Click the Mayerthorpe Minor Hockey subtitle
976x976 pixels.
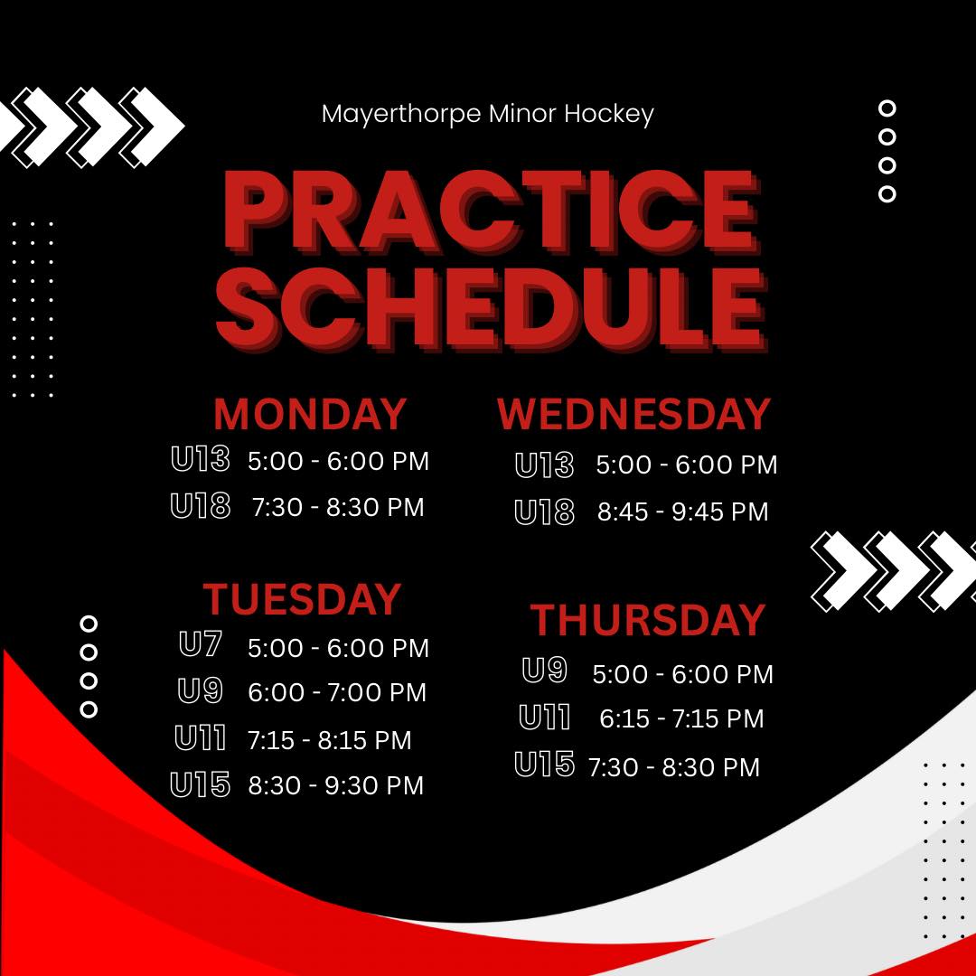pyautogui.click(x=487, y=115)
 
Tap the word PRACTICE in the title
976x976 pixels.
pyautogui.click(x=492, y=211)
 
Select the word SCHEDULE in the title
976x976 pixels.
pyautogui.click(x=492, y=310)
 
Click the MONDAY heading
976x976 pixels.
pyautogui.click(x=310, y=414)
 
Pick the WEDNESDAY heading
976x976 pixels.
pyautogui.click(x=633, y=414)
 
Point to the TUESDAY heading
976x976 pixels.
pyautogui.click(x=302, y=599)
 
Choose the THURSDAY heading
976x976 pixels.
pyautogui.click(x=647, y=620)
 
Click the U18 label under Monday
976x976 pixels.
pyautogui.click(x=201, y=505)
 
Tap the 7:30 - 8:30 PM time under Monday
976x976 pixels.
pyautogui.click(x=338, y=507)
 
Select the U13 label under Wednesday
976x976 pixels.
pyautogui.click(x=545, y=465)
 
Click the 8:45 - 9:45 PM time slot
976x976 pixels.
pyautogui.click(x=683, y=511)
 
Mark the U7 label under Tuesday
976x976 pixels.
pyautogui.click(x=201, y=643)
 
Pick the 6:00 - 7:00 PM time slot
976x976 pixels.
pyautogui.click(x=337, y=692)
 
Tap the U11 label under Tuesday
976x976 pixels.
pyautogui.click(x=201, y=737)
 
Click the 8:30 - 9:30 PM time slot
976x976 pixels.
pyautogui.click(x=336, y=785)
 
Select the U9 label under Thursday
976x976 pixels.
pyautogui.click(x=545, y=670)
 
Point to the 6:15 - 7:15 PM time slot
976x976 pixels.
pyautogui.click(x=681, y=719)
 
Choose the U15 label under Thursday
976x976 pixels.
pyautogui.click(x=545, y=764)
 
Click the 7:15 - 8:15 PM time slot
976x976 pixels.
pyautogui.click(x=330, y=740)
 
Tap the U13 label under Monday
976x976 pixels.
pyautogui.click(x=201, y=459)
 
